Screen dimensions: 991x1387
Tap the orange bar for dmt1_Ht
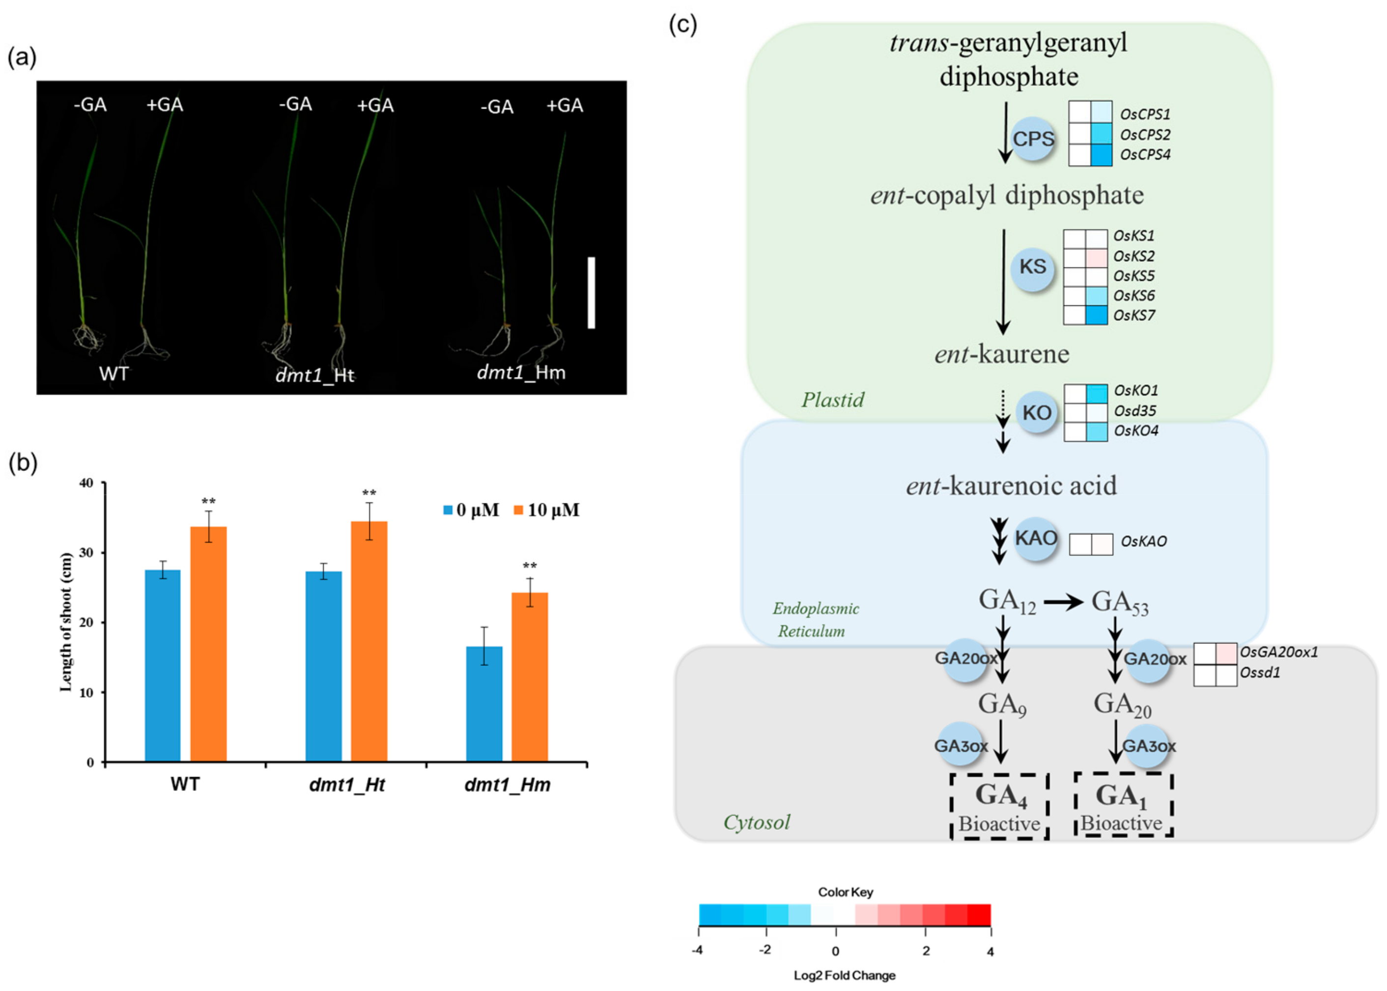368,641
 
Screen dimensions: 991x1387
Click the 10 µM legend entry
546,510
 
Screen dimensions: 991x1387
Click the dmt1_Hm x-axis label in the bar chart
507,785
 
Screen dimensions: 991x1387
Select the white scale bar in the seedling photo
591,292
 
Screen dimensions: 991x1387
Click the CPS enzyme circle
1033,139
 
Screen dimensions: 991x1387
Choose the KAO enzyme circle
1036,538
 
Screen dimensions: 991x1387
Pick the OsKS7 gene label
1134,316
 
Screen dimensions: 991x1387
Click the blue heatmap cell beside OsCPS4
1101,154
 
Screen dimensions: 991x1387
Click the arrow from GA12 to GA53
1063,603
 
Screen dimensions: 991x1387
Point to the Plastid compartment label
833,400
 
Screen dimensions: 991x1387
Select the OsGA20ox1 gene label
1278,652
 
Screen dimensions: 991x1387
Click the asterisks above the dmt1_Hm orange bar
530,566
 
